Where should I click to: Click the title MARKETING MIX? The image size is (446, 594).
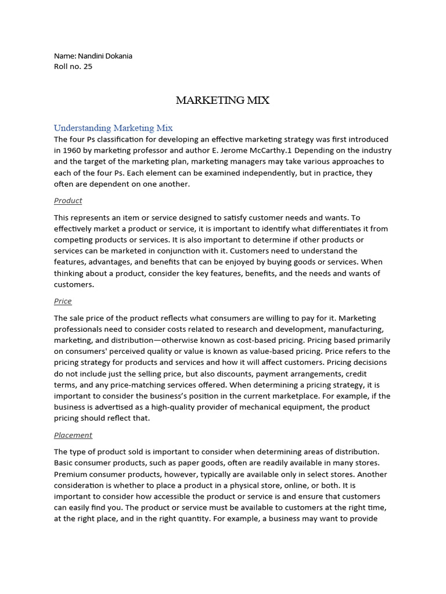pos(222,100)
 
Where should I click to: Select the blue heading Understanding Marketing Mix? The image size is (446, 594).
pos(113,128)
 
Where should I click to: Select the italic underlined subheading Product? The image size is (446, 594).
pos(68,201)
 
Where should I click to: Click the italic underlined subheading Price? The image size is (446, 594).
pos(63,301)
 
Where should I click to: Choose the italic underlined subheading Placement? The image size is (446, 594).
pos(73,435)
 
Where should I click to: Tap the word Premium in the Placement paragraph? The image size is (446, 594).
pos(70,474)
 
